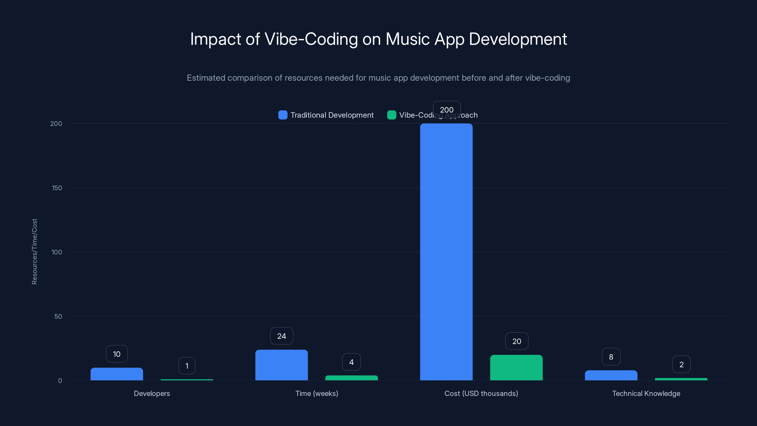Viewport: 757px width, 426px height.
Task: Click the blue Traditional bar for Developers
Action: (117, 374)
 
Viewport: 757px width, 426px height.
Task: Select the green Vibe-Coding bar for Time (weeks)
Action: (352, 378)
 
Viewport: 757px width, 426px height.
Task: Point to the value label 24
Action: (282, 336)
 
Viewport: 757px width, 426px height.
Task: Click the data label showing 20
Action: (517, 341)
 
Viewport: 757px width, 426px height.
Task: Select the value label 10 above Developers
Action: (117, 354)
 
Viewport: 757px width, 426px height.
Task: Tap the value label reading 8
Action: (611, 357)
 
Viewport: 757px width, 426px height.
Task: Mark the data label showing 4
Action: (352, 362)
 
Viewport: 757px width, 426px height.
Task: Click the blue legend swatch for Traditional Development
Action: (283, 115)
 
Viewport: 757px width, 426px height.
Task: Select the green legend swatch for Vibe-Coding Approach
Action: (392, 115)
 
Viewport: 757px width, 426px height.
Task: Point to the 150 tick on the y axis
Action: (57, 188)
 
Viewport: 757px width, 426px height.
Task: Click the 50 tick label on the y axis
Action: (58, 316)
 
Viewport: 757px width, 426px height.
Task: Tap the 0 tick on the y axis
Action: (60, 381)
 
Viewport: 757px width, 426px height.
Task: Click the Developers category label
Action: (152, 393)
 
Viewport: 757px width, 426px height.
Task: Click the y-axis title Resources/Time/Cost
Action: (34, 252)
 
